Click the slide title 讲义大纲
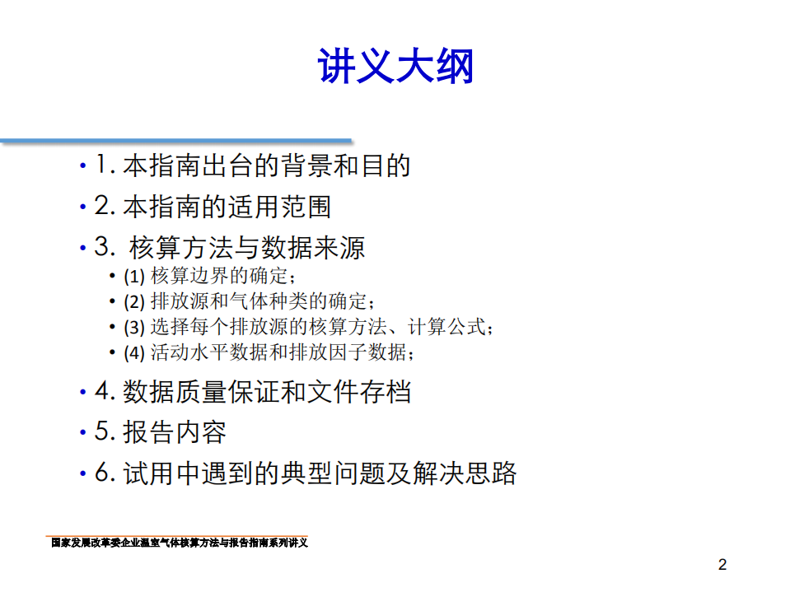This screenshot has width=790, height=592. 395,68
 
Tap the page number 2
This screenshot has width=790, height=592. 722,565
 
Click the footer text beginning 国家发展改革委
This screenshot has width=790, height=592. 179,543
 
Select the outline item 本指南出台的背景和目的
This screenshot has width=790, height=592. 266,165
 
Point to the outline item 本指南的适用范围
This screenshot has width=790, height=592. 227,206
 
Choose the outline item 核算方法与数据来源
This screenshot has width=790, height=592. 247,247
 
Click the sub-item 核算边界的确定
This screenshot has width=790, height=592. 223,276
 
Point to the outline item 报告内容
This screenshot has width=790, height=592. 174,432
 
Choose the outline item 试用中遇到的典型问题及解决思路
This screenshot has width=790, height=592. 320,473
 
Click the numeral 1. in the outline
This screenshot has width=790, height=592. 103,165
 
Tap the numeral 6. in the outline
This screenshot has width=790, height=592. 103,473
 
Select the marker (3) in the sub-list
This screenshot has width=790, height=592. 134,327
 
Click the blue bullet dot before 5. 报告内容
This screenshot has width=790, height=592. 82,433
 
